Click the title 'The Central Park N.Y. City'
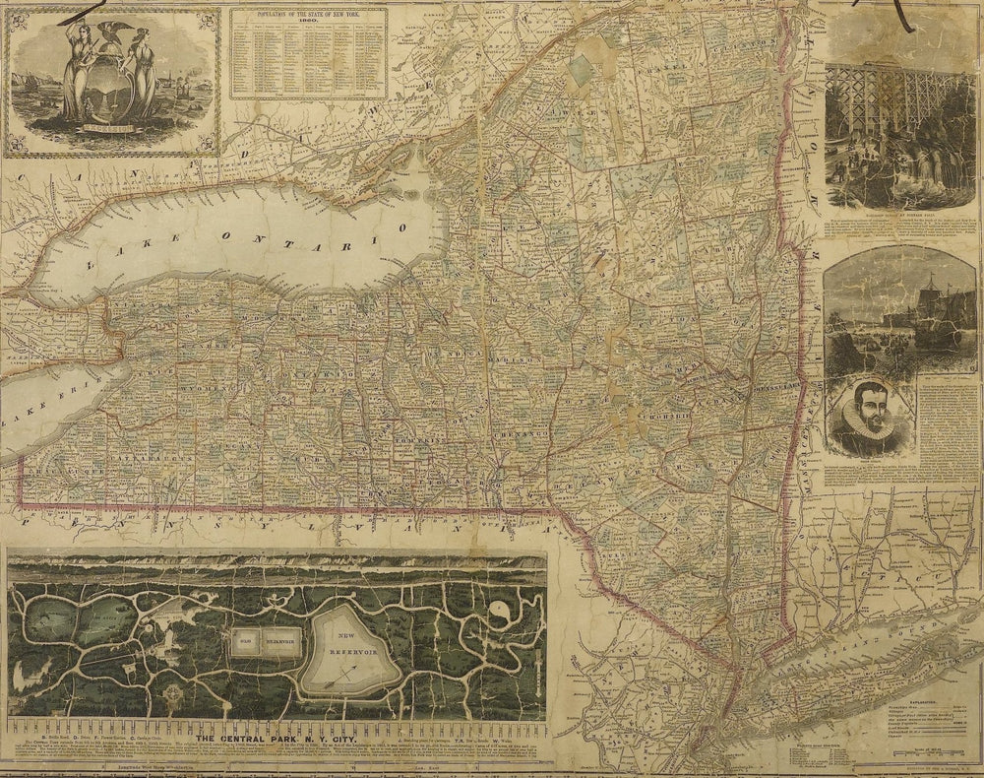278,737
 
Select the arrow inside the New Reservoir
341,675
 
